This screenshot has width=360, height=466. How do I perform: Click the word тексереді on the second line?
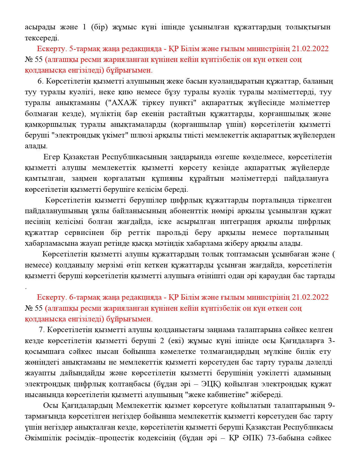[42, 38]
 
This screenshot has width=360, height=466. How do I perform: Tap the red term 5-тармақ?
[86, 49]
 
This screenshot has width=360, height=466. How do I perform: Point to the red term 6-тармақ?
[86, 297]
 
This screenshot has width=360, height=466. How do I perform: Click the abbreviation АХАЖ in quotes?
[125, 103]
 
